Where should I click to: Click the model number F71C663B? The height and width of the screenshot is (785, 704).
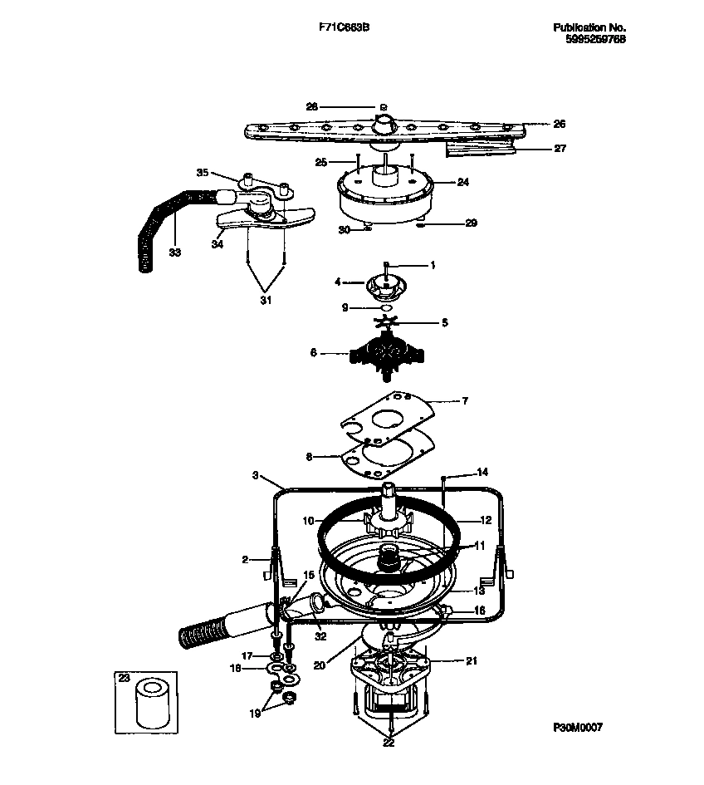coord(345,27)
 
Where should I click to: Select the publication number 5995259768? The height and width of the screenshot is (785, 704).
coord(589,39)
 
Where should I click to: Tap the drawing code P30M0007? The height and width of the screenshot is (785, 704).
coord(578,727)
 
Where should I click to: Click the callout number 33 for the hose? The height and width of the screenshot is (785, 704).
coord(174,253)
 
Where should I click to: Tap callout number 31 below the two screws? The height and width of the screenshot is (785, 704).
coord(266,301)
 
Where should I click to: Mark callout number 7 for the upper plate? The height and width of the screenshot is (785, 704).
coord(464,400)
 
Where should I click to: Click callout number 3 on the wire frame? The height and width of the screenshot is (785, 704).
coord(257,475)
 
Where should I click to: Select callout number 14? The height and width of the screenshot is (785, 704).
coord(482,472)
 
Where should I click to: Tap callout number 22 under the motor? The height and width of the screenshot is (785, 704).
coord(389,743)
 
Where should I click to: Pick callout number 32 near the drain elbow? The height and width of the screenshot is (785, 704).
coord(320,637)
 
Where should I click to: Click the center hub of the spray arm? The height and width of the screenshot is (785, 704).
coord(384,125)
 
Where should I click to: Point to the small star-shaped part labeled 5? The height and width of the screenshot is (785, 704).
coord(388,322)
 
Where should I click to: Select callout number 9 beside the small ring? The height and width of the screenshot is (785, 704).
coord(345,307)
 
